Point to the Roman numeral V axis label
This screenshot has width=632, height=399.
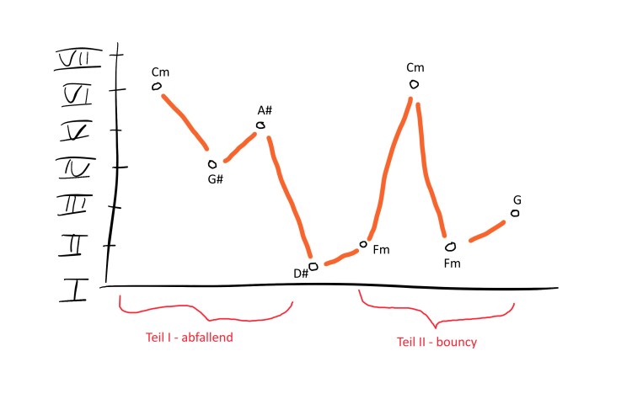coord(77,131)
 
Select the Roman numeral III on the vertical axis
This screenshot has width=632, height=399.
coord(75,205)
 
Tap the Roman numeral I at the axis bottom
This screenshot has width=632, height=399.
coord(74,290)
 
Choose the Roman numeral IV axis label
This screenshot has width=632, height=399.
coord(77,168)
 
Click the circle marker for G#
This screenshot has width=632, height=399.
coord(212,164)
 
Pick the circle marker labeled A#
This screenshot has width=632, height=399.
coord(260,125)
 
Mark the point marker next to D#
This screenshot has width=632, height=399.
coord(313,266)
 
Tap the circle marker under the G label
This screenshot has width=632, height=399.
coord(515,213)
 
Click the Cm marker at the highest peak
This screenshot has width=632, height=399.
coord(414,84)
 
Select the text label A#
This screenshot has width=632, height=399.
coord(265,110)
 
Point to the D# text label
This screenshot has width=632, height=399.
coord(301,274)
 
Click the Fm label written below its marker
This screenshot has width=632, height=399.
coord(452,263)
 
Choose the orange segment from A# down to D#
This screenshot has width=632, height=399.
coord(289,197)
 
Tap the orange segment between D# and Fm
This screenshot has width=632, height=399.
coord(341,258)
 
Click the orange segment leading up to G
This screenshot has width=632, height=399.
coord(487,231)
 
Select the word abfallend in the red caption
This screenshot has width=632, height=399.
coord(207,337)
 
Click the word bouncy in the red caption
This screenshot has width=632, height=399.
coord(456,343)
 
